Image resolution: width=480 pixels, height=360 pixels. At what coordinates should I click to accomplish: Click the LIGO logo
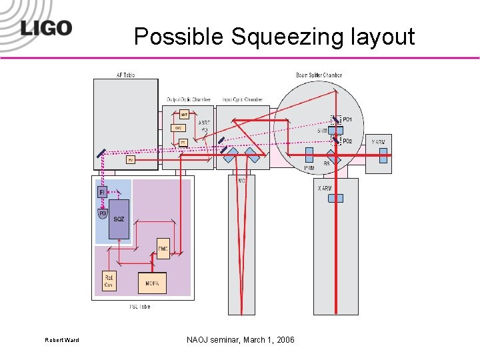[x=45, y=28]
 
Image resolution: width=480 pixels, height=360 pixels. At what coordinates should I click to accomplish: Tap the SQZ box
[x=119, y=219]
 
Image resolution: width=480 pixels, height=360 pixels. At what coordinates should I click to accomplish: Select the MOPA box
[x=151, y=283]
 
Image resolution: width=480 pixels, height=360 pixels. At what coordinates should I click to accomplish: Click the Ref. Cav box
[x=109, y=282]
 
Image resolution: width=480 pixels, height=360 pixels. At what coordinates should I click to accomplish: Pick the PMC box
[x=163, y=249]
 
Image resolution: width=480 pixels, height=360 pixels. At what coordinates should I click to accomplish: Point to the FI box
[x=102, y=192]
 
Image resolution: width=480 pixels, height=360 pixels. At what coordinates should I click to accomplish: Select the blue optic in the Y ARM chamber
[x=383, y=155]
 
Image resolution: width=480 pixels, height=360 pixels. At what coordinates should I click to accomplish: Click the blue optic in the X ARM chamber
[x=337, y=198]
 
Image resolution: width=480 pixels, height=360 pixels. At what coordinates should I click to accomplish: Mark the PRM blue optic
[x=309, y=155]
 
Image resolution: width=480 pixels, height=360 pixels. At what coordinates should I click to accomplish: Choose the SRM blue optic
[x=336, y=130]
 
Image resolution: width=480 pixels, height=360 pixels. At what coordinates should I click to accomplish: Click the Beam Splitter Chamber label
[x=319, y=75]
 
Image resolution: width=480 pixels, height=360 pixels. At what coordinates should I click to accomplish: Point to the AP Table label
[x=125, y=75]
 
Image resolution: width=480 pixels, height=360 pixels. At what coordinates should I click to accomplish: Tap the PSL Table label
[x=139, y=307]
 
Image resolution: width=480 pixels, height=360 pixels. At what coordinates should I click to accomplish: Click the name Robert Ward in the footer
[x=62, y=341]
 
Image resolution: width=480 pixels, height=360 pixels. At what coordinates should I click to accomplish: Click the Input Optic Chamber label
[x=243, y=99]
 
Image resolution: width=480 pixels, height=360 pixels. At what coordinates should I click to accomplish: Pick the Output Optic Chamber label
[x=189, y=99]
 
